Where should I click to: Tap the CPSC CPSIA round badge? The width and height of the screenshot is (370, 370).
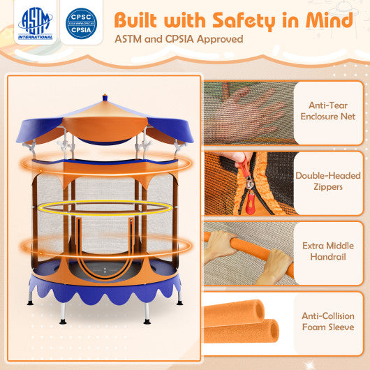81,24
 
